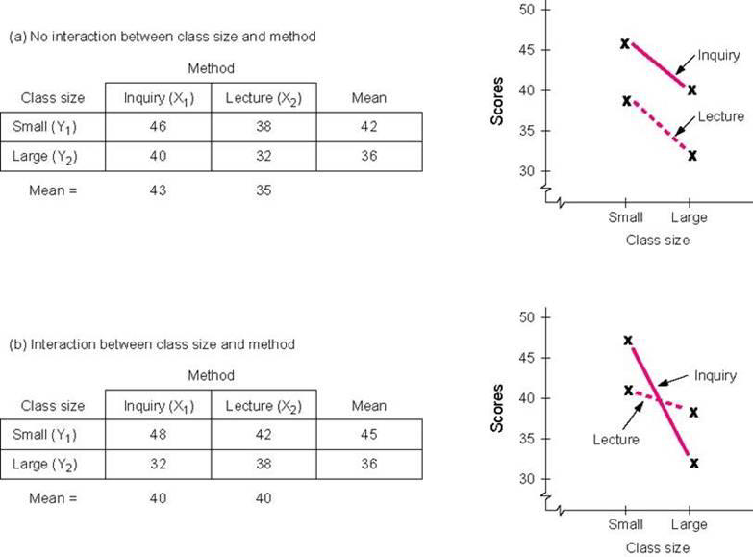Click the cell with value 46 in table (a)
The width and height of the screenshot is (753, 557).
158,126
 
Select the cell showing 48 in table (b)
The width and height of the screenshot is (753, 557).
158,434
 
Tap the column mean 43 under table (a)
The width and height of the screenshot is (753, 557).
158,190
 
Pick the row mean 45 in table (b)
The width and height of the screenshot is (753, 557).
369,434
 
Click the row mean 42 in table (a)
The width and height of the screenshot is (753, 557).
369,126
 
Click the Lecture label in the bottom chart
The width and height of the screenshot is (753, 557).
615,440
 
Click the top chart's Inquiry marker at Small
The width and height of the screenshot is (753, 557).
625,43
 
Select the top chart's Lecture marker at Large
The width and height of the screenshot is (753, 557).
691,155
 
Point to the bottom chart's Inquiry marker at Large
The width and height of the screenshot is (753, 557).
693,463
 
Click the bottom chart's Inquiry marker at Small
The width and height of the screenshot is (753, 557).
628,341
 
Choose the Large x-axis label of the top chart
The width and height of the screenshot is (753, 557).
689,217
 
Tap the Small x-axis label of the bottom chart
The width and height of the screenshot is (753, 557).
626,524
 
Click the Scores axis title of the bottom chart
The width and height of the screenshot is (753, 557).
498,410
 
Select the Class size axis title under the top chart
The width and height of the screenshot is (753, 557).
658,241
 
